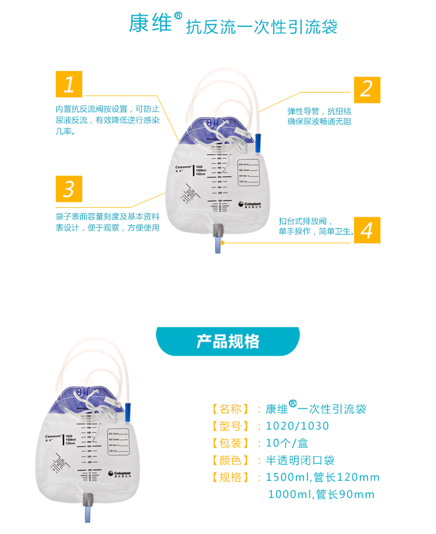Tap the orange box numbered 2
(366, 89)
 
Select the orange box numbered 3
(69, 189)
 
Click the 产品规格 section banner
(228, 341)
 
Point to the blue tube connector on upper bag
(258, 141)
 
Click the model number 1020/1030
(297, 426)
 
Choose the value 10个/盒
(286, 443)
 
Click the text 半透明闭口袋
(300, 460)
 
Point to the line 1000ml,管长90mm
(321, 494)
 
